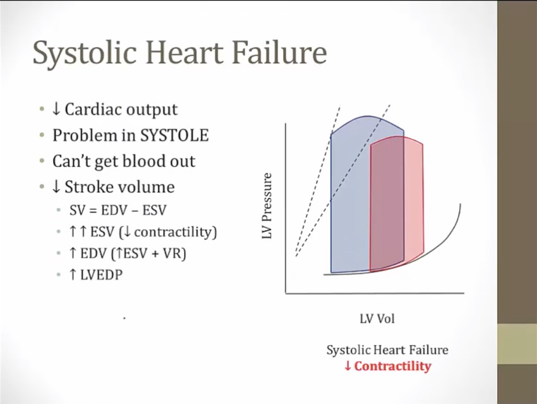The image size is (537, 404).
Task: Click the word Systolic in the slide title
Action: pos(85,53)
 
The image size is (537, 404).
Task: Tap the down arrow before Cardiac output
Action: pos(56,109)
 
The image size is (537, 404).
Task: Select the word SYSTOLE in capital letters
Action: pos(174,135)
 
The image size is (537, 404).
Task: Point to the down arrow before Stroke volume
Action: pos(56,187)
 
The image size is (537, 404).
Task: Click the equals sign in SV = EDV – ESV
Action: pos(92,211)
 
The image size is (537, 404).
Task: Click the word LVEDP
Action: pos(101,275)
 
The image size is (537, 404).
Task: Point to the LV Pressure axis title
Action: pos(267,205)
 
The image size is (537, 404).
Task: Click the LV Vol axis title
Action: pos(377,319)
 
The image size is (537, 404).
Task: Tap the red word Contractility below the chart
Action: pos(392,366)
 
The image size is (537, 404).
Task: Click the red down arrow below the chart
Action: pos(347,366)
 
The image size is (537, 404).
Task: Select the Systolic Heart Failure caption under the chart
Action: pos(387,350)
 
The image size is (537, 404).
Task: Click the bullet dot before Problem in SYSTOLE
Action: pos(42,135)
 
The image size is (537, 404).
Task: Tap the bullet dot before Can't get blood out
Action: pos(42,161)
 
